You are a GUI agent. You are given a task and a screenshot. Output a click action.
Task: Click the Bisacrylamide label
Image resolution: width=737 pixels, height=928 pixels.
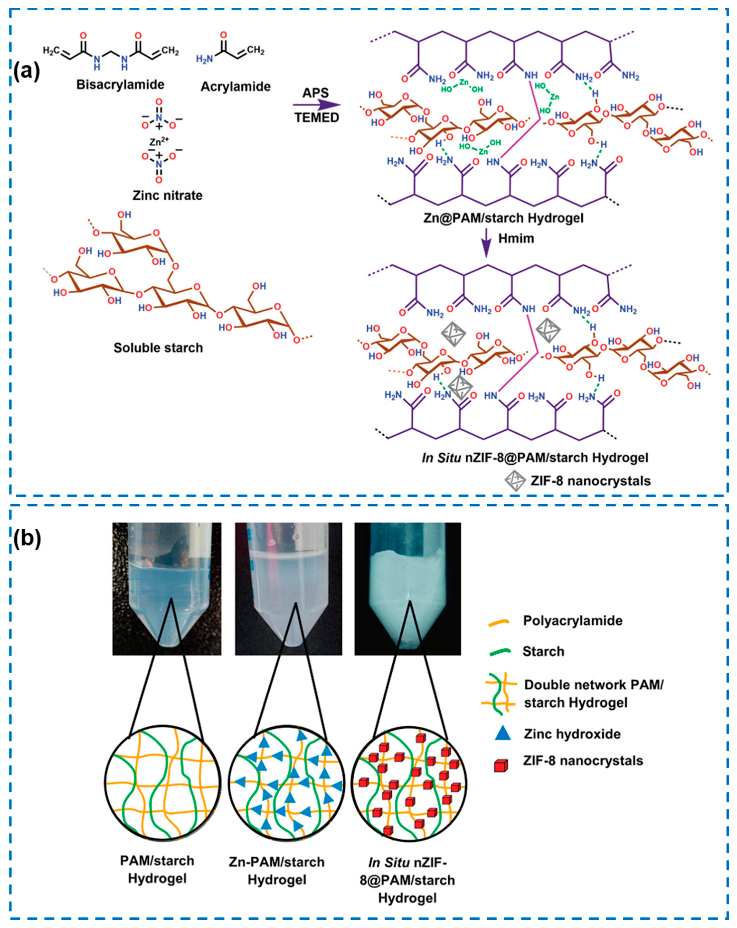coord(120,84)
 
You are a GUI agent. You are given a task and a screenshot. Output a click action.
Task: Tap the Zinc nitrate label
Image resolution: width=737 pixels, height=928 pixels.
coord(168,195)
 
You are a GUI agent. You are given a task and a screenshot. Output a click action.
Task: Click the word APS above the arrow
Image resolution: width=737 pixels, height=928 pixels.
coord(315,93)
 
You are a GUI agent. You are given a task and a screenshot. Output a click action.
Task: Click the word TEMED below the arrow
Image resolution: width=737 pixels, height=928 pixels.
coord(317,117)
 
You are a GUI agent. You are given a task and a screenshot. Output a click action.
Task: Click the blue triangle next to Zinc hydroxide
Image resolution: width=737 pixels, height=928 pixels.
coord(502,733)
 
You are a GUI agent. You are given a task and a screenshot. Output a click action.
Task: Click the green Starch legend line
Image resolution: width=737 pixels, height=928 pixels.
coord(500,652)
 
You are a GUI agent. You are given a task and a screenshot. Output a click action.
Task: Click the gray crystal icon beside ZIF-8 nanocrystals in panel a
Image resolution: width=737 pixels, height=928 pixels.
coord(515,480)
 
